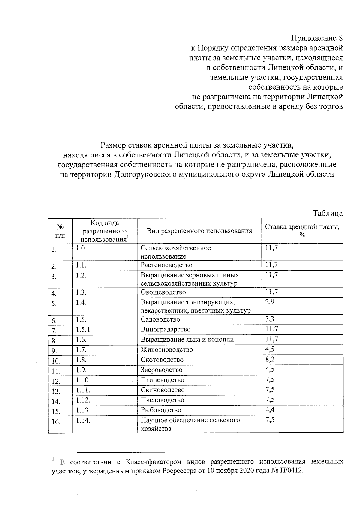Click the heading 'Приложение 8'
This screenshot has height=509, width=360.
click(x=317, y=38)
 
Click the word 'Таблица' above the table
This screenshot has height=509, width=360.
click(x=328, y=213)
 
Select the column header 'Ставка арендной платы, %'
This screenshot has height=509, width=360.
click(x=302, y=231)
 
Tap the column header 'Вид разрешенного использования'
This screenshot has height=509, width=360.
click(x=199, y=231)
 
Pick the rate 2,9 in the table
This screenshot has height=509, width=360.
click(x=270, y=302)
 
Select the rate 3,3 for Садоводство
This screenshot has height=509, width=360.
click(x=270, y=319)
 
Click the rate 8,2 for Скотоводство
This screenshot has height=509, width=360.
click(x=270, y=359)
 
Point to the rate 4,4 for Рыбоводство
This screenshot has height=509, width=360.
click(x=270, y=409)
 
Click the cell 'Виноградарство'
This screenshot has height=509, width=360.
click(x=166, y=329)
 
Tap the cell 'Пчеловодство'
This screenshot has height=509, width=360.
click(x=162, y=400)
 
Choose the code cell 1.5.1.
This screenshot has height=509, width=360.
click(x=84, y=329)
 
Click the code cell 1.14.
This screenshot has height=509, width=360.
click(x=83, y=421)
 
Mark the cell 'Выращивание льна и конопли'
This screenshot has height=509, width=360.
click(x=187, y=339)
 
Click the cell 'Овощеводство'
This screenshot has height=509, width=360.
click(x=163, y=292)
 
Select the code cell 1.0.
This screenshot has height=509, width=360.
click(x=81, y=248)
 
